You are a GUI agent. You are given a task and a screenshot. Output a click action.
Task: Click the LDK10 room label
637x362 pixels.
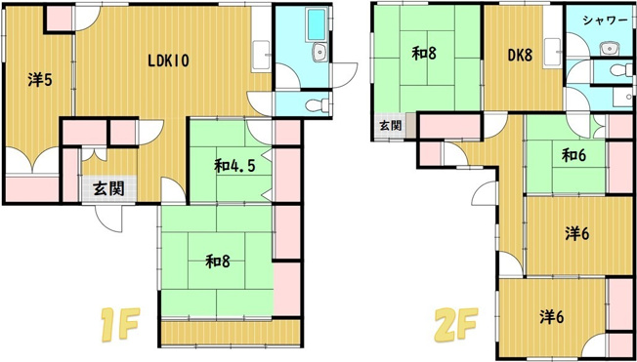pos(168,60)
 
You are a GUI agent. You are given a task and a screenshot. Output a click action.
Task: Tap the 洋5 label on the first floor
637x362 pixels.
pos(40,80)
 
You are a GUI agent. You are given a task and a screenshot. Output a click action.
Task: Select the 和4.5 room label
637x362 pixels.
pos(235,166)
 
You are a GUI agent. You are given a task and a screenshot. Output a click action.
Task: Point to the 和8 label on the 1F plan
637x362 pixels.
pos(218,261)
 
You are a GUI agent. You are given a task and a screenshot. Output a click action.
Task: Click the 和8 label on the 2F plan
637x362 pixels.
pos(424,53)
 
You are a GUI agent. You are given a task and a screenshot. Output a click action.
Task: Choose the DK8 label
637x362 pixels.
pos(520,56)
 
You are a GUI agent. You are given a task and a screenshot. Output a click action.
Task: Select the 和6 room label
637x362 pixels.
pos(574,155)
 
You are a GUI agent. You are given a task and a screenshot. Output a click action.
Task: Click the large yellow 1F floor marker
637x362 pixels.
pos(120,324)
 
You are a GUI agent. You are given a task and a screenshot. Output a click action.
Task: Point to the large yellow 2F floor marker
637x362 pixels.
pos(456,324)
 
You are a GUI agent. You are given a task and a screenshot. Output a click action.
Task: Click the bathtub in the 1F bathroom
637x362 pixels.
pos(317,24)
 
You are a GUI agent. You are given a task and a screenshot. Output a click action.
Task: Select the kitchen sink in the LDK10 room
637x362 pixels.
pos(261,56)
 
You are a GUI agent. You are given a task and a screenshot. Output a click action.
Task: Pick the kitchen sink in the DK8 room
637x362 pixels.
pos(553,53)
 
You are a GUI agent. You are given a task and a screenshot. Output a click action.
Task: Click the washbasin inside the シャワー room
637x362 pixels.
pos(609,49)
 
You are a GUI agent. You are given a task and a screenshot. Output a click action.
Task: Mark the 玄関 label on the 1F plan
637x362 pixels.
pos(108,188)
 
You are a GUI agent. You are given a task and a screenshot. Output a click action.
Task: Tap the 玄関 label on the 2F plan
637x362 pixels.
pos(391,126)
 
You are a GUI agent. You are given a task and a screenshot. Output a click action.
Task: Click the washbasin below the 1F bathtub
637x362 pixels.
pos(319,53)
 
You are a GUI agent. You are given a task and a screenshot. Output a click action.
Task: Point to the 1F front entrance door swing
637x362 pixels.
pos(108,219)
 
